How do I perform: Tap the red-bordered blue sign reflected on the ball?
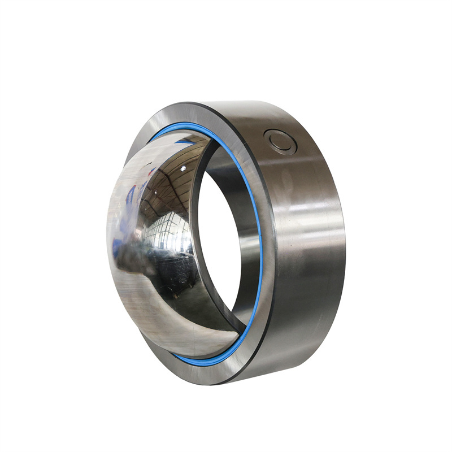[131, 192]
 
